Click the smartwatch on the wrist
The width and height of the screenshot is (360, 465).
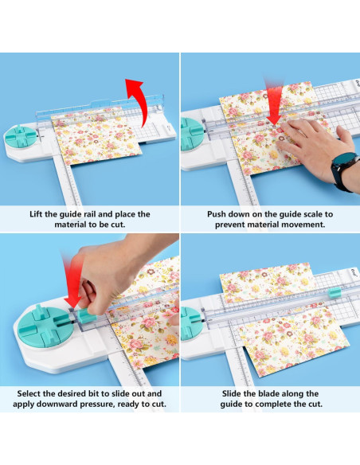tap(343, 170)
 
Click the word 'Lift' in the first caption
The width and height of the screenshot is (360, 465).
tap(37, 214)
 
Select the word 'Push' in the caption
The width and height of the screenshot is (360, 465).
tap(220, 214)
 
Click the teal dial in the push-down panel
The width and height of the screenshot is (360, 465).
tap(191, 131)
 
